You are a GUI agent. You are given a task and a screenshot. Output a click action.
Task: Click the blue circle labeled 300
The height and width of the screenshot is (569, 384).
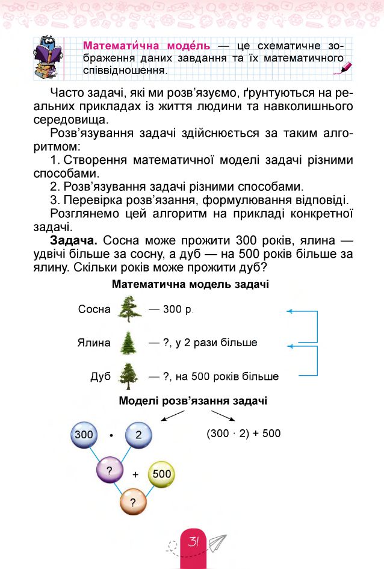tap(84, 434)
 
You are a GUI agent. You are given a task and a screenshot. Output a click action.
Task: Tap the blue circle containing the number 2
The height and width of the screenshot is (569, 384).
tap(139, 434)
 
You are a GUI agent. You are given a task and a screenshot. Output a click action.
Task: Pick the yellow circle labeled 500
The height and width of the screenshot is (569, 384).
tap(161, 474)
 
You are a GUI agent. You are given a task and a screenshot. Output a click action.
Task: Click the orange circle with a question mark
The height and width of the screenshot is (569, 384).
tap(133, 502)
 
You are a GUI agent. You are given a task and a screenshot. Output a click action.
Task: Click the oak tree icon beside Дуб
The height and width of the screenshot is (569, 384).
tap(129, 376)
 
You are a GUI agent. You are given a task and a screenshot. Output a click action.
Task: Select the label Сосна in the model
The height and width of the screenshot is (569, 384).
tap(94, 309)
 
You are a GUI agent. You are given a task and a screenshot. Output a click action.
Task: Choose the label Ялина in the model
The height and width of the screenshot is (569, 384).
tap(94, 343)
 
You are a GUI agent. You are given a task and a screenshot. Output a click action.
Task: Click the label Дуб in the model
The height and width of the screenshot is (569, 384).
tap(101, 377)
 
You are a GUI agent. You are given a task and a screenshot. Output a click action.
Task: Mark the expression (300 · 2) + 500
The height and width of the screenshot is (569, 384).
tap(243, 434)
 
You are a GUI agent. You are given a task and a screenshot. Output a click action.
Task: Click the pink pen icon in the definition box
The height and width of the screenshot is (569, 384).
tap(345, 68)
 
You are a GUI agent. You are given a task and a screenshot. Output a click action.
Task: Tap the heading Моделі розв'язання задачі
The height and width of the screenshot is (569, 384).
tap(193, 401)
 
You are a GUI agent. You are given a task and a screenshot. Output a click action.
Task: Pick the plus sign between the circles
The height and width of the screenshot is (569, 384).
tap(135, 474)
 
